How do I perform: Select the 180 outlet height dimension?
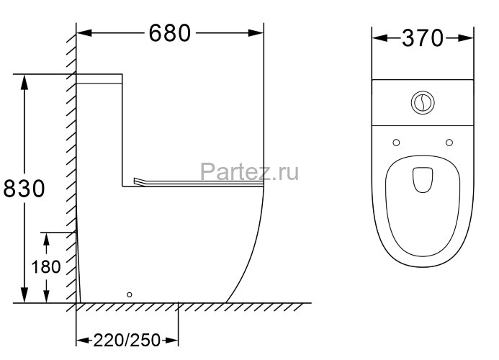[45, 266]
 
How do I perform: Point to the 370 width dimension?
[423, 37]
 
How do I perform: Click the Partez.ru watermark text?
[250, 171]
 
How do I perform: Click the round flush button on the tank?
[423, 103]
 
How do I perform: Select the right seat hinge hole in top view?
[449, 141]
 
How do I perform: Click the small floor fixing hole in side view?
[129, 294]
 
